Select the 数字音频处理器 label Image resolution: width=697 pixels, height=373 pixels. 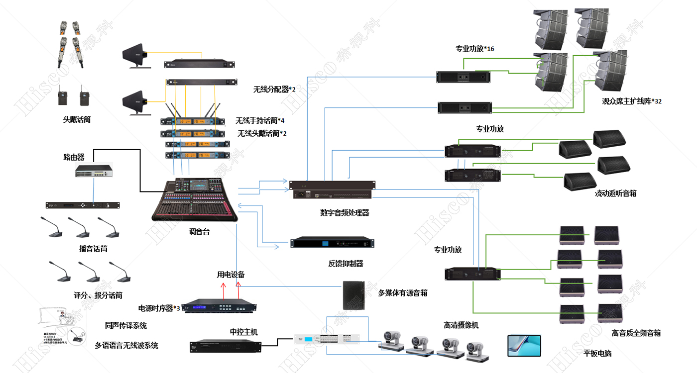(x=345, y=213)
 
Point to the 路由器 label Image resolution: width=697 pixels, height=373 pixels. (x=74, y=157)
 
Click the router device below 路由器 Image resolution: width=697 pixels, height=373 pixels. (x=94, y=171)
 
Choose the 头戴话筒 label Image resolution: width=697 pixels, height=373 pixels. (x=77, y=119)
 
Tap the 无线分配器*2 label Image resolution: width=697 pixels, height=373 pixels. (x=274, y=90)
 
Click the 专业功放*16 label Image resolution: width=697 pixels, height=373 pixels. (x=475, y=49)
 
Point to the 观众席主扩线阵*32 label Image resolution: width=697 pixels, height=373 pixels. (x=632, y=101)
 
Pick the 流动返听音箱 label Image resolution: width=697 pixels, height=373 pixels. (x=615, y=193)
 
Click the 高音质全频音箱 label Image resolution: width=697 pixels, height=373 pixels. (x=636, y=333)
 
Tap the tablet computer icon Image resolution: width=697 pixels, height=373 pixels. (x=524, y=344)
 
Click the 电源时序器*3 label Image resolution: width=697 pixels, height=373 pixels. (x=159, y=308)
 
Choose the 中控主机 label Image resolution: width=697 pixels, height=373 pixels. (x=243, y=332)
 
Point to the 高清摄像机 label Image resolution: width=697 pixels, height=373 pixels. (x=461, y=325)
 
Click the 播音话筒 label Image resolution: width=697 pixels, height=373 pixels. (x=93, y=249)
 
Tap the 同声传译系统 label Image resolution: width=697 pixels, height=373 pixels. (x=126, y=326)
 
